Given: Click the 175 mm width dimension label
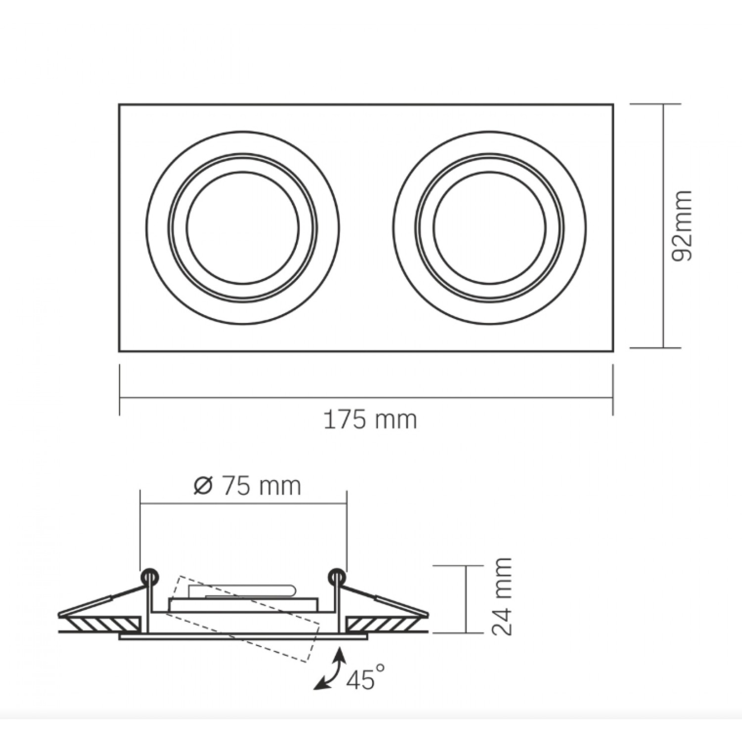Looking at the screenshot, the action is [x=370, y=420].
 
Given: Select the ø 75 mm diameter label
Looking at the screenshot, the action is [x=247, y=486].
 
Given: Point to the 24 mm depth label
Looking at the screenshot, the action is [x=501, y=596].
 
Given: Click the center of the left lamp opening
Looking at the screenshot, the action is [x=242, y=228].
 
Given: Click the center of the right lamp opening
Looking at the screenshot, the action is [x=490, y=228].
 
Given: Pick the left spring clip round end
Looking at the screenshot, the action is [x=149, y=576].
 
